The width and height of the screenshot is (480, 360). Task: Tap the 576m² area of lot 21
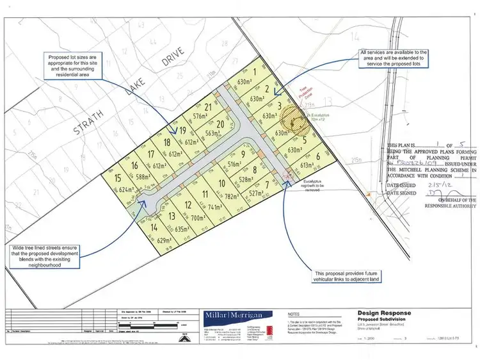click(x=202, y=116)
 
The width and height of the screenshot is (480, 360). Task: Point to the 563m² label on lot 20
click(x=212, y=133)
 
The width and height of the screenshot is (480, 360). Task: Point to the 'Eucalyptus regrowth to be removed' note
click(x=319, y=184)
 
